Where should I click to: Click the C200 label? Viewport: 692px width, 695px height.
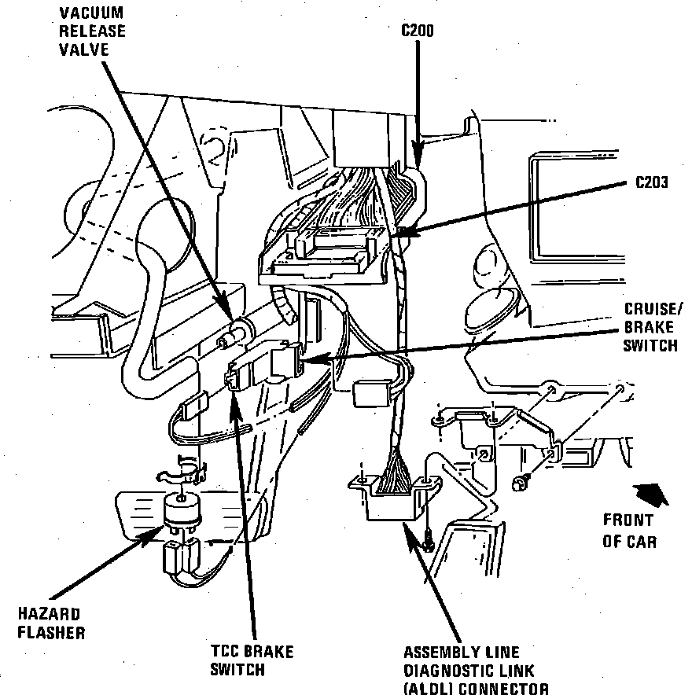pyautogui.click(x=416, y=31)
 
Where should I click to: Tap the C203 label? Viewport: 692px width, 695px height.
pyautogui.click(x=651, y=182)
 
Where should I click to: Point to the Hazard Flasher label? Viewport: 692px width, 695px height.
pyautogui.click(x=53, y=622)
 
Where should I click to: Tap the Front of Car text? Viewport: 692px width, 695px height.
pyautogui.click(x=628, y=530)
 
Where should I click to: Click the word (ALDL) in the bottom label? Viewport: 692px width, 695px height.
pyautogui.click(x=428, y=689)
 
